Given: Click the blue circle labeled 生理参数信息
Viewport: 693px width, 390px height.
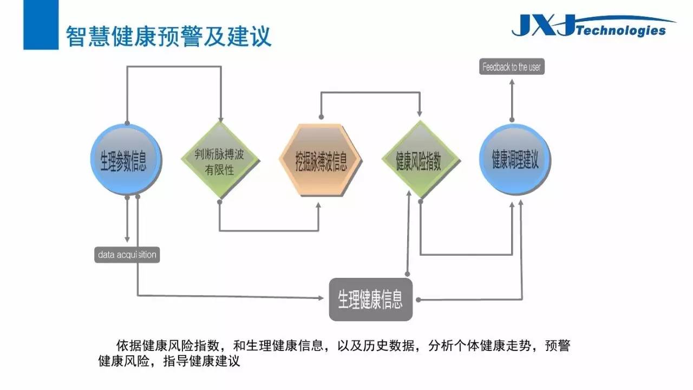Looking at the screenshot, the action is pyautogui.click(x=126, y=159).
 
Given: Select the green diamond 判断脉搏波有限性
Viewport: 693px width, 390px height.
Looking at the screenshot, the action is pyautogui.click(x=220, y=160).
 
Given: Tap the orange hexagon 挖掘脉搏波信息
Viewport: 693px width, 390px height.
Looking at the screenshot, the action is pyautogui.click(x=321, y=160).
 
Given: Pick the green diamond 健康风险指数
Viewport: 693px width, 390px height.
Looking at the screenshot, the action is pyautogui.click(x=421, y=160).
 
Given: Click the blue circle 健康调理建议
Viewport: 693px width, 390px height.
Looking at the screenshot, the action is pyautogui.click(x=515, y=159).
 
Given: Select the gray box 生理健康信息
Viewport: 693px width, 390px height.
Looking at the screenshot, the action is pyautogui.click(x=371, y=300).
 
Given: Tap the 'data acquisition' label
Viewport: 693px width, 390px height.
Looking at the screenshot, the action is pyautogui.click(x=127, y=255).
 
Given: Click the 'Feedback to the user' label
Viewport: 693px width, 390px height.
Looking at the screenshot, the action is pyautogui.click(x=512, y=67).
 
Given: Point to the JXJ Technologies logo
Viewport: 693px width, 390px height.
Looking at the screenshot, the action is pyautogui.click(x=592, y=25).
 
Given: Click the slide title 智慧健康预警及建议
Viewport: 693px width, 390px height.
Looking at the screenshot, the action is pyautogui.click(x=168, y=36).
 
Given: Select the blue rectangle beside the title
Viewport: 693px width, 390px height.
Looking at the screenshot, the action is pyautogui.click(x=41, y=25).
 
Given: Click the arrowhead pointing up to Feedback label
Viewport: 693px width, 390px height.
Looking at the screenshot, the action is pyautogui.click(x=512, y=82).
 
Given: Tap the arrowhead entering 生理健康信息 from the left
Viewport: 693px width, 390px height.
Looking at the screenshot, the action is pyautogui.click(x=321, y=298).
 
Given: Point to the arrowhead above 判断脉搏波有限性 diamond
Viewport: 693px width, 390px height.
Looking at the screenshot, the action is pyautogui.click(x=220, y=120).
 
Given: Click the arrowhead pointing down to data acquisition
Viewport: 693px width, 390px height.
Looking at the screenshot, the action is pyautogui.click(x=127, y=239).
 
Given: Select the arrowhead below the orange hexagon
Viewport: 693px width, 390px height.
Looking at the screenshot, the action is pyautogui.click(x=318, y=205).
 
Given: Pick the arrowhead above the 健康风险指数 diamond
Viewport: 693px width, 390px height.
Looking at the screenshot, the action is pyautogui.click(x=420, y=113).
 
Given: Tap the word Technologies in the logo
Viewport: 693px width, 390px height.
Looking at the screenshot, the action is pyautogui.click(x=621, y=31).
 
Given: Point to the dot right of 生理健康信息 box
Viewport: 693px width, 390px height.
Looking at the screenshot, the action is pyautogui.click(x=419, y=300).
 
